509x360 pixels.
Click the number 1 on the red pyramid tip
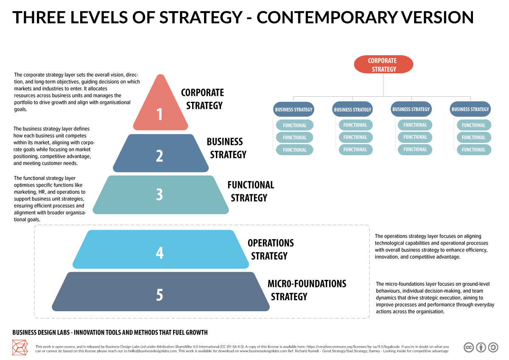tap(159, 114)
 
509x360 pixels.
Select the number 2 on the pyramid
tap(159, 156)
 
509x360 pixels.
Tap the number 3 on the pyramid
tap(159, 194)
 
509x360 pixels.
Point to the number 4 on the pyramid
tap(159, 253)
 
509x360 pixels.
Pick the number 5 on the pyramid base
tap(159, 294)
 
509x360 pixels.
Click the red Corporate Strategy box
tap(383, 64)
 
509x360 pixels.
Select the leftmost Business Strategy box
tap(294, 109)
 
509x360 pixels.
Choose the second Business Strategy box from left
tap(352, 109)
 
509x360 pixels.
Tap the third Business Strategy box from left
tap(411, 109)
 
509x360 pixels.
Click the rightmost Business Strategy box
tap(470, 109)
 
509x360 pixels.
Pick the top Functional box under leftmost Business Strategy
tap(294, 125)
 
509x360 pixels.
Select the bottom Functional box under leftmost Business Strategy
tap(294, 150)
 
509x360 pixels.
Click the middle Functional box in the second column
tap(355, 137)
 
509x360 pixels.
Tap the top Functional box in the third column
tap(415, 125)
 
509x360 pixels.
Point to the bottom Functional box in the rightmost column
tap(474, 150)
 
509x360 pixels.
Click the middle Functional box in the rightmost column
tap(474, 137)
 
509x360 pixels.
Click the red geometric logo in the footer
tap(20, 347)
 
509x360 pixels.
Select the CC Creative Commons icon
tap(469, 347)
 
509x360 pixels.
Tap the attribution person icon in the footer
tap(481, 347)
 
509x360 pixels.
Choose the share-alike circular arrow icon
tap(493, 347)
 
